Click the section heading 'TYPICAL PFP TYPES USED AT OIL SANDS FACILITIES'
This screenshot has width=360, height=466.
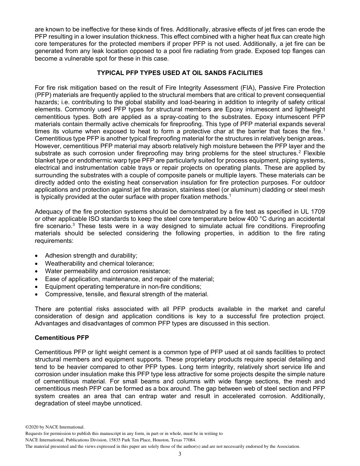(x=180, y=73)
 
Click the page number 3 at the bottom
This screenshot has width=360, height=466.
(x=180, y=454)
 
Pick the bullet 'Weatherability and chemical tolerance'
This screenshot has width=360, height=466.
(x=99, y=263)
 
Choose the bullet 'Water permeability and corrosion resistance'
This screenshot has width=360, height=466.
(x=108, y=271)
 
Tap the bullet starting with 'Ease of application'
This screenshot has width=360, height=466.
(x=129, y=279)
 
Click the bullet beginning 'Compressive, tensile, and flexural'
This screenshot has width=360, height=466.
(x=126, y=294)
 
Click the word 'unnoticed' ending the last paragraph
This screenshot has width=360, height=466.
(x=128, y=403)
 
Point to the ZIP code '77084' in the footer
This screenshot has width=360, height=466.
(x=189, y=440)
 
